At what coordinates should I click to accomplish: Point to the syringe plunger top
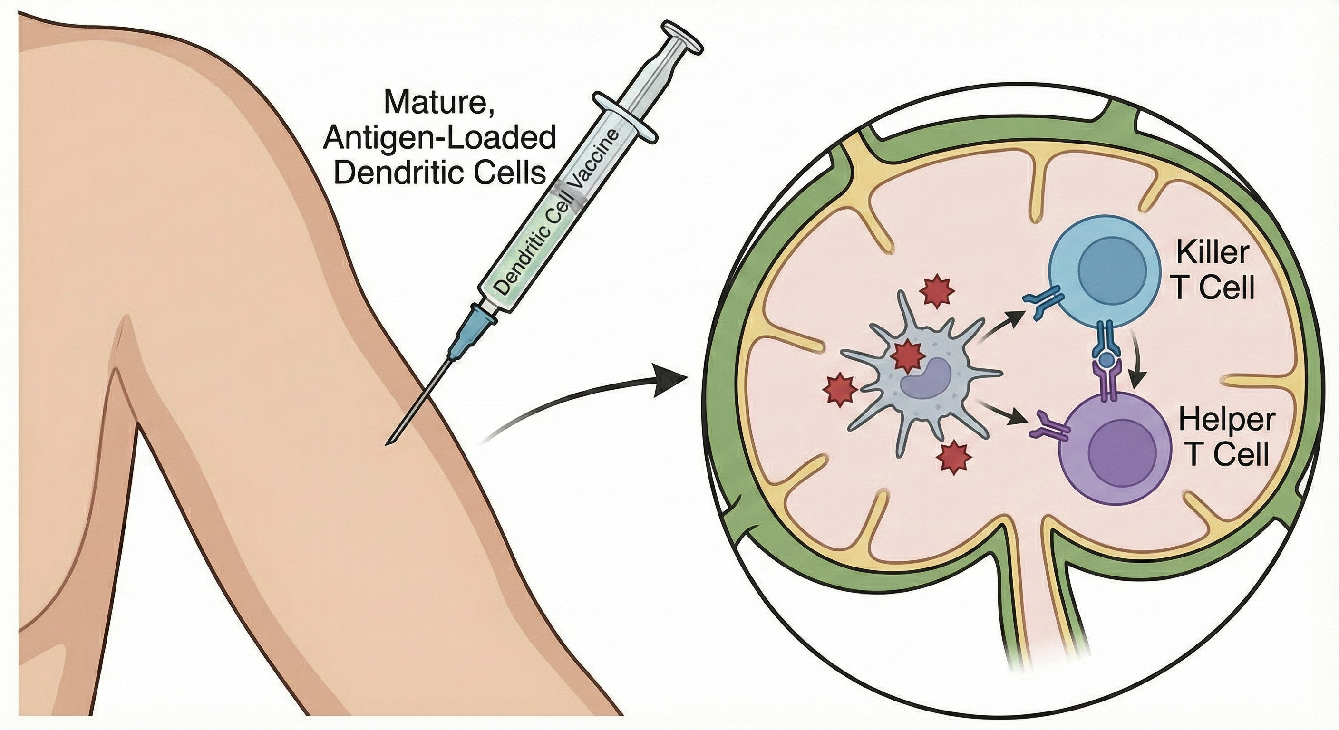click(681, 43)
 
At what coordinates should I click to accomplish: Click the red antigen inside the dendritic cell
click(907, 356)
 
